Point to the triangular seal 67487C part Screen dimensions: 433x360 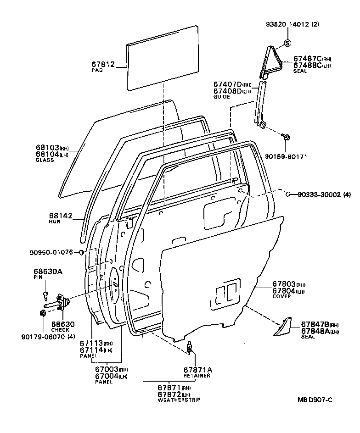270,60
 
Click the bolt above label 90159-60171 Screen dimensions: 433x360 286,137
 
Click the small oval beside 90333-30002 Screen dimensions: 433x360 287,194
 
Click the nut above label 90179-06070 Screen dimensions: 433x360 43,313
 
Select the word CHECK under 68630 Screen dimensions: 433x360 60,329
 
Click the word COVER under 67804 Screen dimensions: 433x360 282,296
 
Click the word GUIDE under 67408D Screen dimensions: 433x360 221,97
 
